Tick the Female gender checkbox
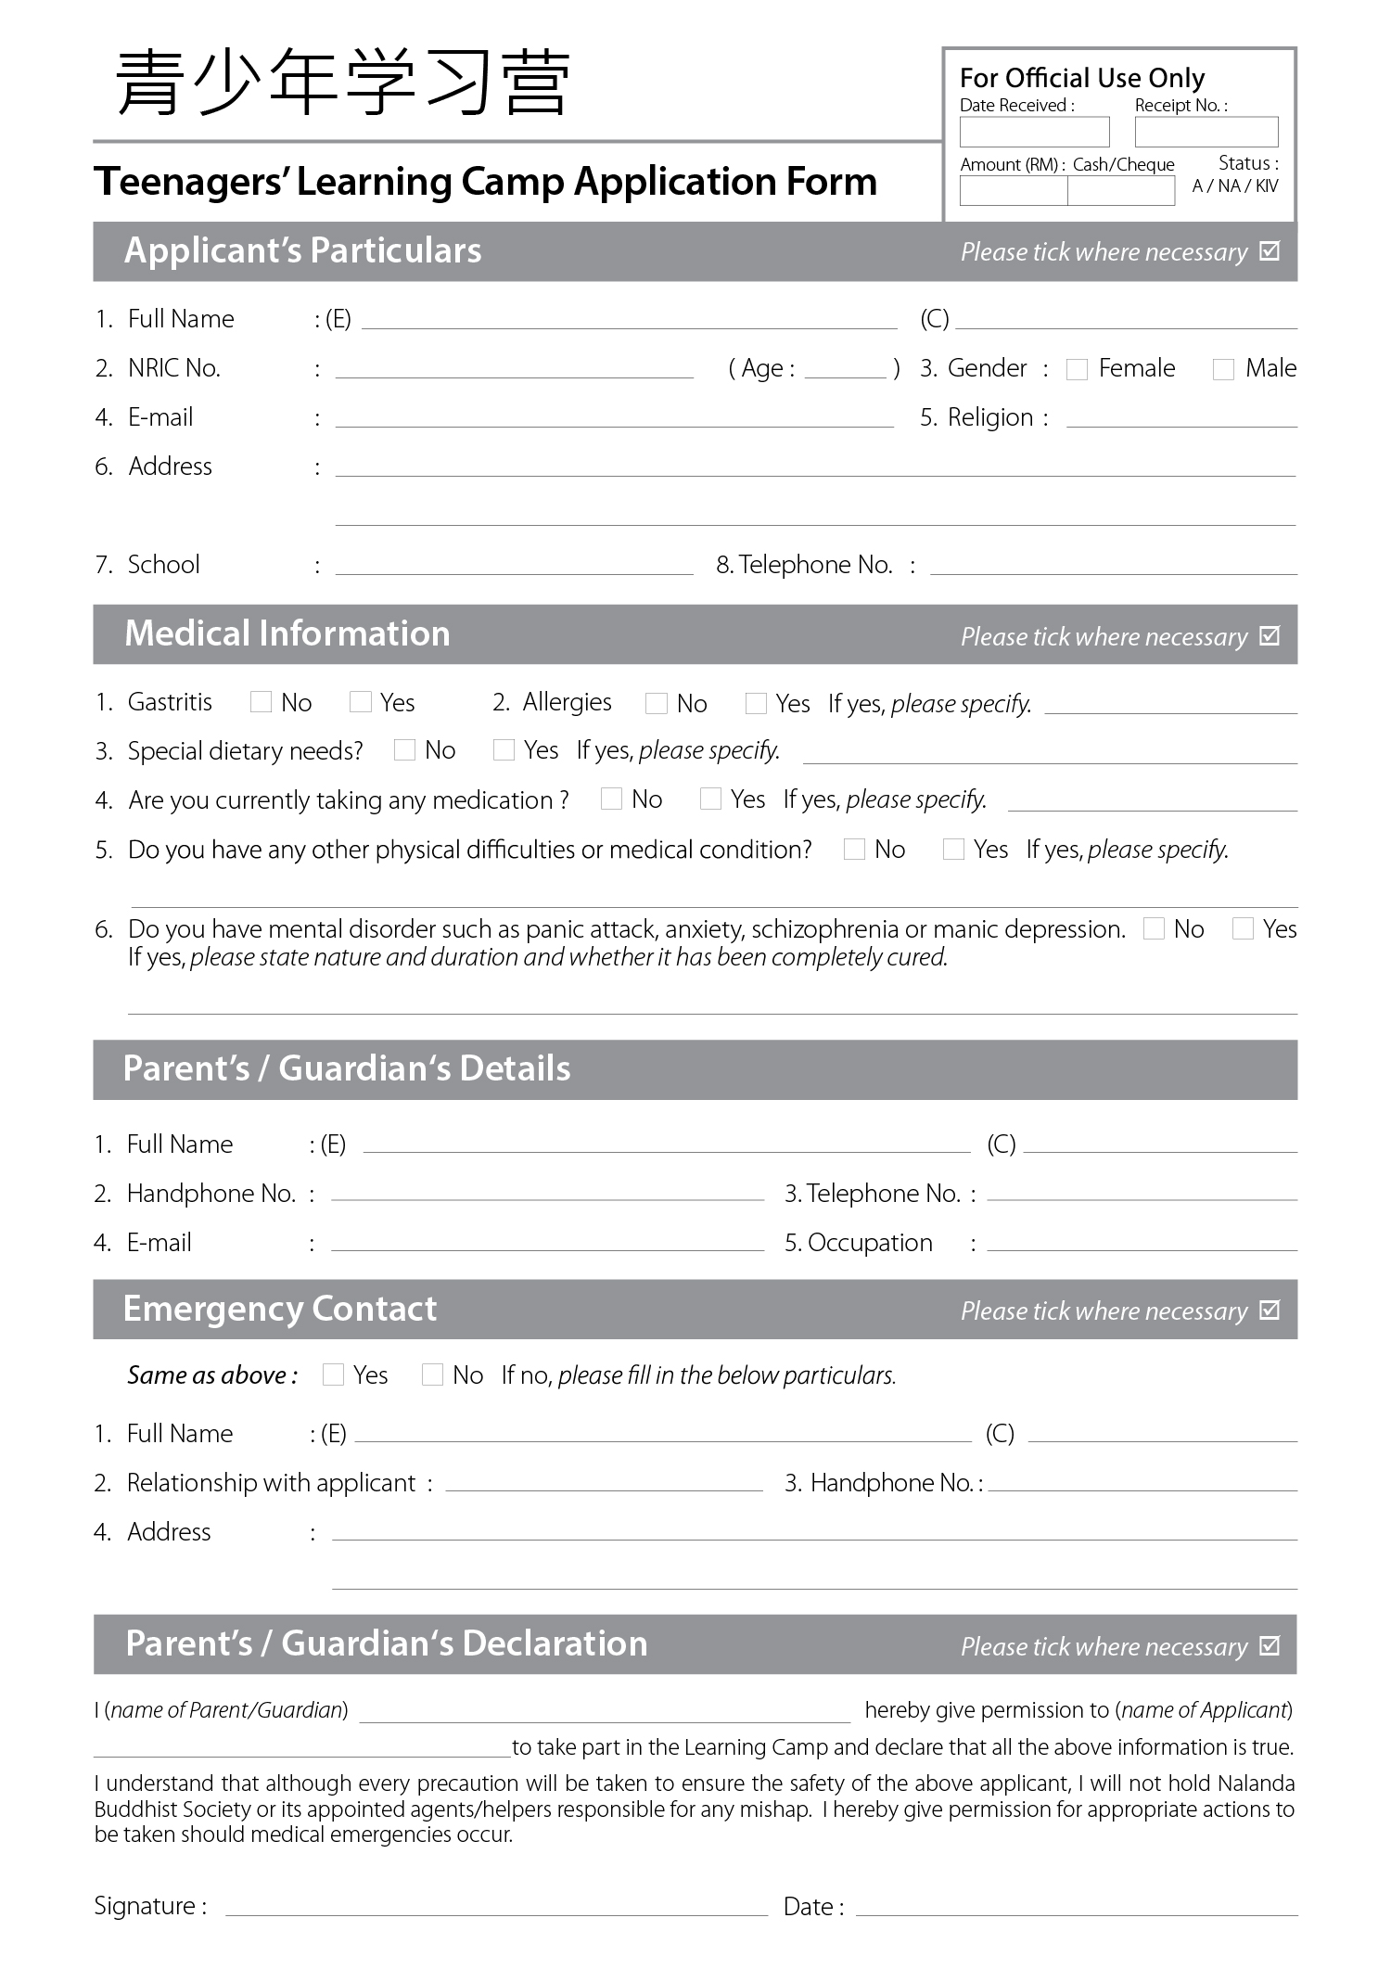point(1077,369)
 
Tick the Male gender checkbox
point(1223,369)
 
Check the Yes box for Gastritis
point(360,702)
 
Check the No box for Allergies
point(656,703)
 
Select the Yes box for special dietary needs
point(504,749)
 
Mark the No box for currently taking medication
point(611,799)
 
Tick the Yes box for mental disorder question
point(1243,928)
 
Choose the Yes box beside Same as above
point(333,1374)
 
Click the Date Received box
point(1034,132)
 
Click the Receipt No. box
point(1206,132)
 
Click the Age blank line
point(845,371)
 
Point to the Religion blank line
point(1181,420)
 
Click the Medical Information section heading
point(287,633)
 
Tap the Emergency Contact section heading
point(279,1309)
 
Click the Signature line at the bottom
point(496,1908)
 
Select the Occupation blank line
point(1142,1244)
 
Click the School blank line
point(514,567)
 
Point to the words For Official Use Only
point(1081,78)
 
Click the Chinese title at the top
point(342,83)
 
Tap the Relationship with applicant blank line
point(604,1484)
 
